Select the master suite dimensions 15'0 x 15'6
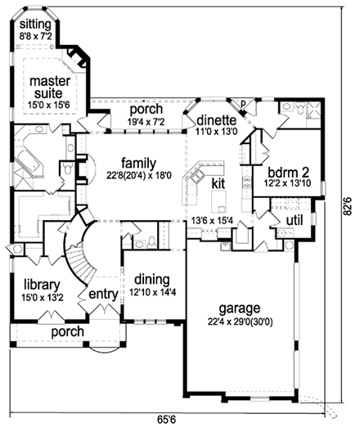(50, 106)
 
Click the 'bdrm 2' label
(287, 173)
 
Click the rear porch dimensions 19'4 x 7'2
(142, 122)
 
